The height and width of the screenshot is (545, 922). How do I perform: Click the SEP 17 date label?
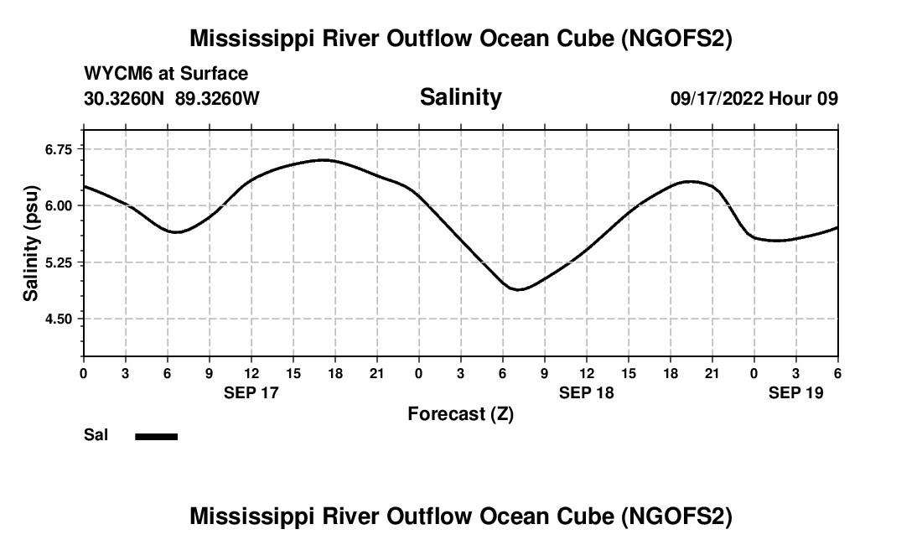coord(251,392)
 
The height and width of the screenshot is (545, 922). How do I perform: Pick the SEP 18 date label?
coord(587,392)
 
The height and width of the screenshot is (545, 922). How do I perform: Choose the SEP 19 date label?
coord(796,392)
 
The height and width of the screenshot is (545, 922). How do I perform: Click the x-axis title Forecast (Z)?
coord(460,413)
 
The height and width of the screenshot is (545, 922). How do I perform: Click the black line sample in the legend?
coord(157,436)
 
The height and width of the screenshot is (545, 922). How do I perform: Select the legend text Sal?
coord(96,435)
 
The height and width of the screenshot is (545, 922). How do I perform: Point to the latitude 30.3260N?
coord(125,98)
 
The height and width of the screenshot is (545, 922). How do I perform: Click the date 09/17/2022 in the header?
coord(717,98)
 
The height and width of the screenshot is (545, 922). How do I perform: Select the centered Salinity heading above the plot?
coord(460,97)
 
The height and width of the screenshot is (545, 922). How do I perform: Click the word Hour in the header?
coord(789,98)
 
